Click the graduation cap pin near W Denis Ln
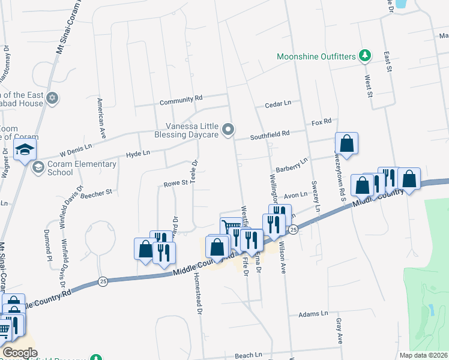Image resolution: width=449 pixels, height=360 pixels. coord(25,150)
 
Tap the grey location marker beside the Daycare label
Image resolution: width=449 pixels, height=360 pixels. coord(228,130)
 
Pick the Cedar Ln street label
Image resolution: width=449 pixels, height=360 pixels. coord(278,104)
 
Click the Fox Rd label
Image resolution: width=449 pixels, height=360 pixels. coord(322,122)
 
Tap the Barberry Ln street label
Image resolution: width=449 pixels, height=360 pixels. coord(291,166)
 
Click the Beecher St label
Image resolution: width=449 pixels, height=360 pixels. coord(97,193)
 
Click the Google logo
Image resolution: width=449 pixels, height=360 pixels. coord(20,353)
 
